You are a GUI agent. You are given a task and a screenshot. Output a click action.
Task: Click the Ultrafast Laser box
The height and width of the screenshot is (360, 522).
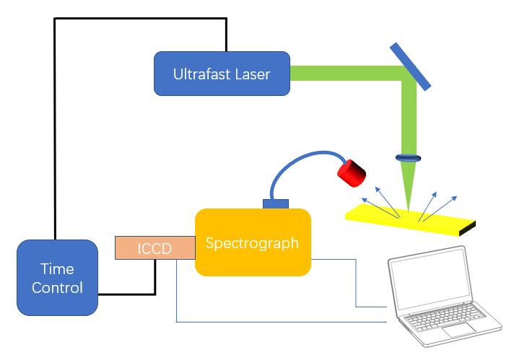click(x=222, y=74)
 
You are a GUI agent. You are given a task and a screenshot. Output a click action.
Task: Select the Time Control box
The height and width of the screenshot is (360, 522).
click(x=57, y=277)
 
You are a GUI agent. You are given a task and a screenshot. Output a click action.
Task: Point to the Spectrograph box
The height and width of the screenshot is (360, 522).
click(x=252, y=242)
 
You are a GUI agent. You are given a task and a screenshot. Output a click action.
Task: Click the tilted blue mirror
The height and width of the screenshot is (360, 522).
click(x=411, y=67)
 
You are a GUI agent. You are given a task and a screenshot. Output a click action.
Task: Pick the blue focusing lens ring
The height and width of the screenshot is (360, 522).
click(x=408, y=157)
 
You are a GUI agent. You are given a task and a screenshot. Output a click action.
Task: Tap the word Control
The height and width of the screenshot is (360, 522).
click(x=58, y=287)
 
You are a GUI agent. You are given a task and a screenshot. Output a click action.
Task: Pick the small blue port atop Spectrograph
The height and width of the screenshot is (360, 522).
click(x=276, y=203)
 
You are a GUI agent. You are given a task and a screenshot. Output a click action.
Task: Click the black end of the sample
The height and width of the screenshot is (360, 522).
click(x=467, y=229)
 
